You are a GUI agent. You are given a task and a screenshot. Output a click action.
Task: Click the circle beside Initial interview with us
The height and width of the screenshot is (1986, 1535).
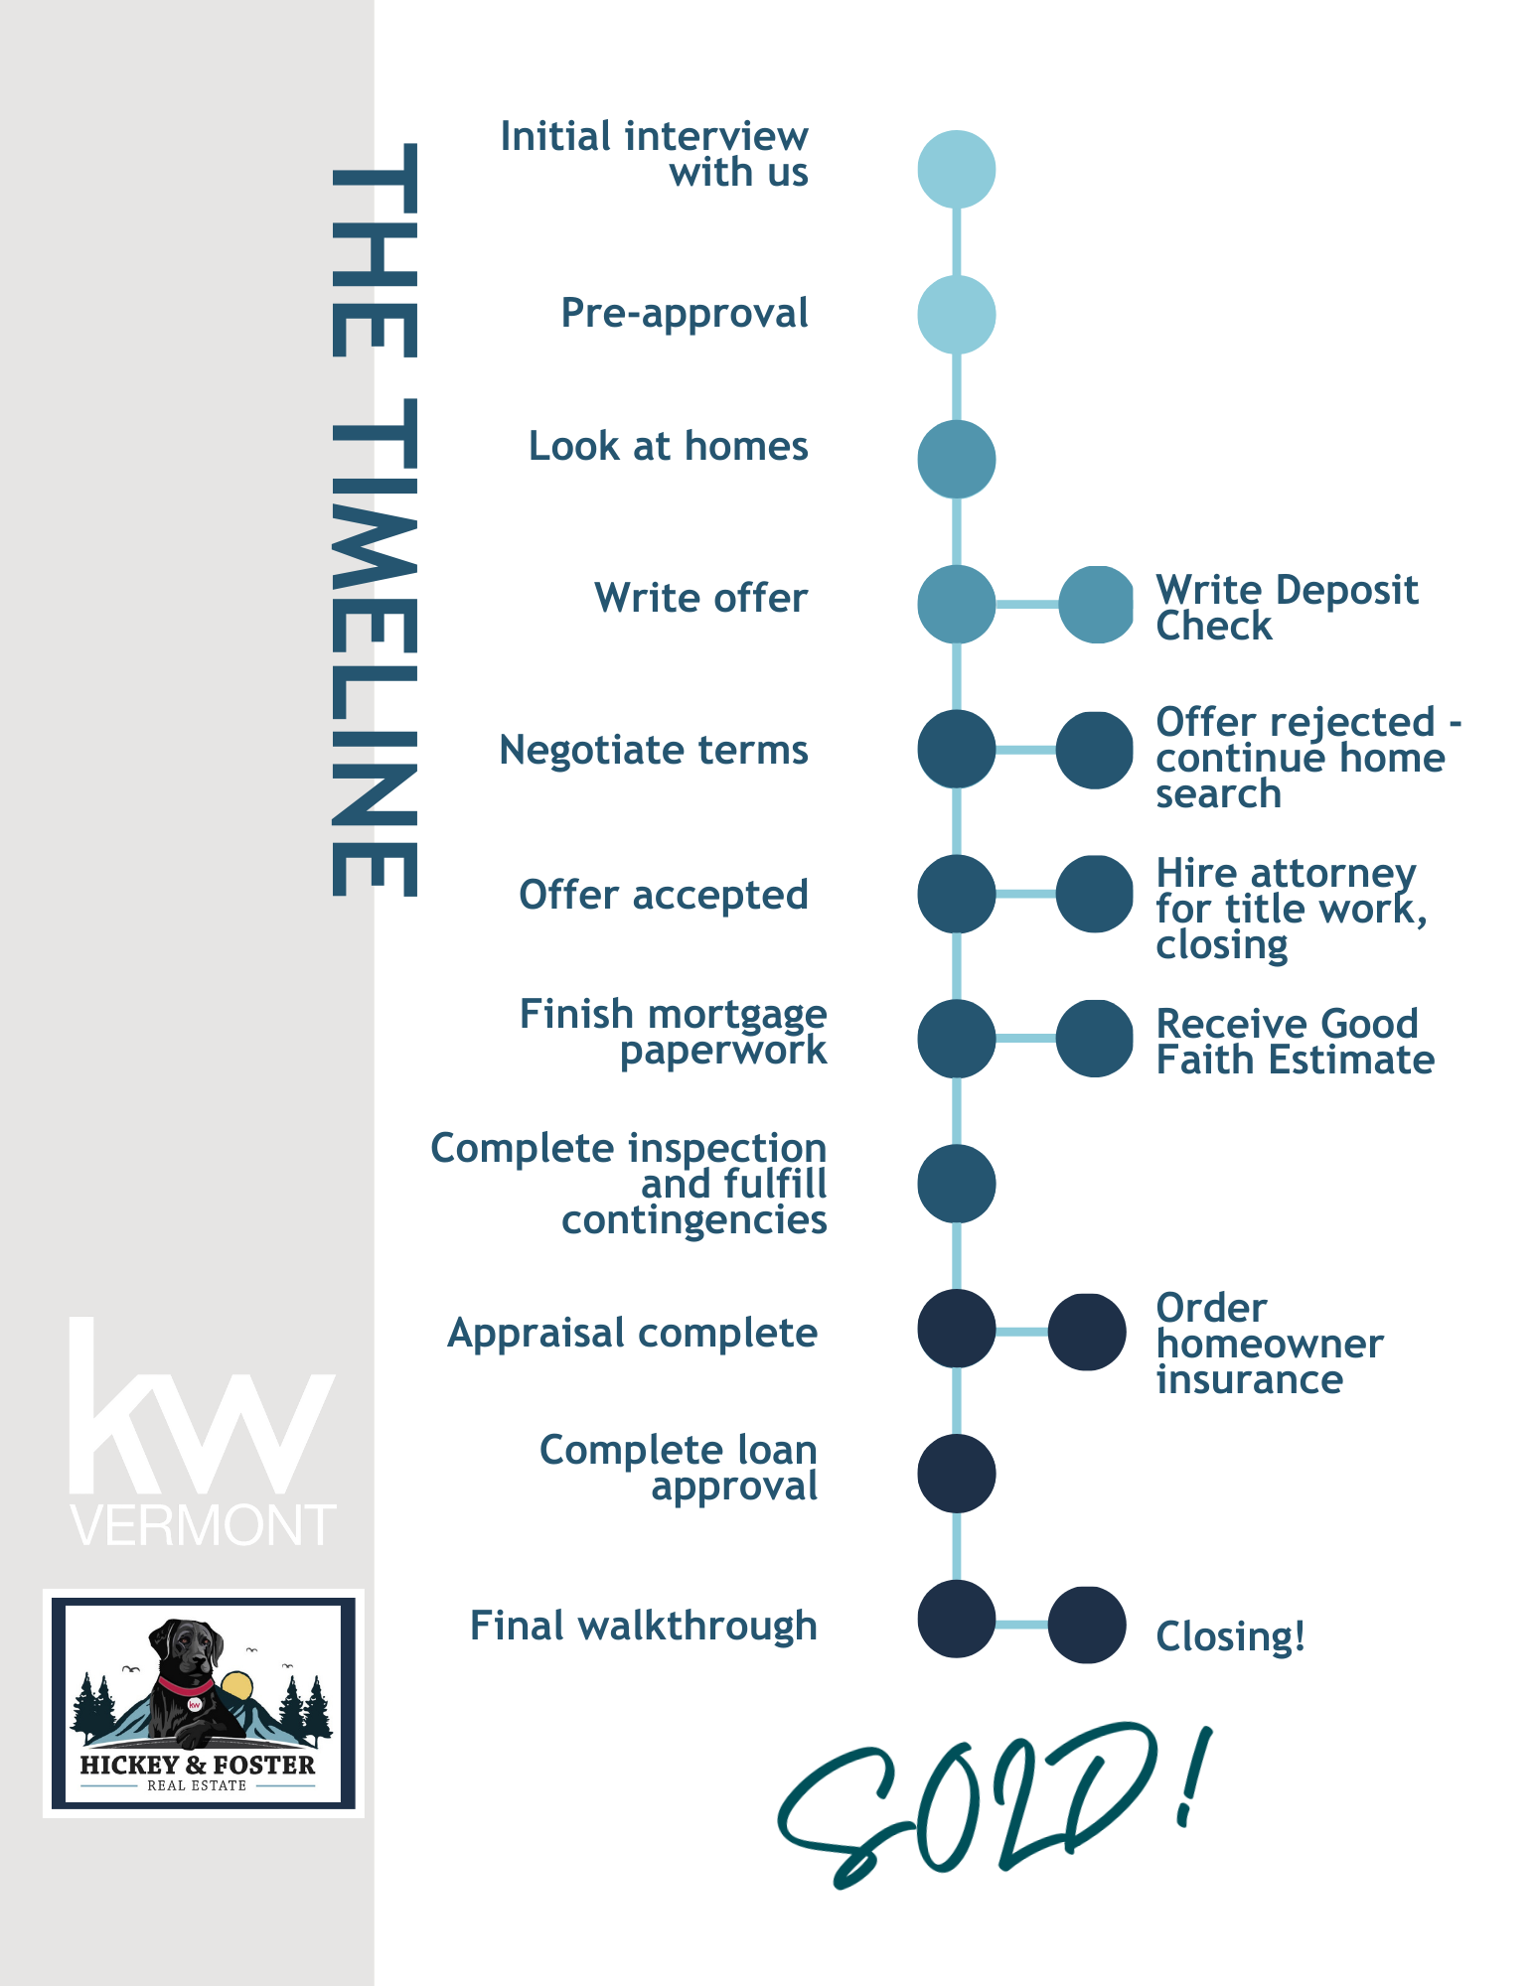(956, 170)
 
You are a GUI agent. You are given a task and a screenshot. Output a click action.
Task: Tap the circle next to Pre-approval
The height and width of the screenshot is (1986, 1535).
(956, 315)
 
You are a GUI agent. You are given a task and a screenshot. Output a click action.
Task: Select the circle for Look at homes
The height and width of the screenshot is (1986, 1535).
(956, 460)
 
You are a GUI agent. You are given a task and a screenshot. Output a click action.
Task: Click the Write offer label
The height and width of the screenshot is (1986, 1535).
(700, 598)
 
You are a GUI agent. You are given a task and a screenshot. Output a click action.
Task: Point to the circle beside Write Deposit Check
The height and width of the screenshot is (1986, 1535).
(1096, 604)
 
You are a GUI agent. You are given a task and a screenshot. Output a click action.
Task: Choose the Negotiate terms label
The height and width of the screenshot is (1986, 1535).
(654, 750)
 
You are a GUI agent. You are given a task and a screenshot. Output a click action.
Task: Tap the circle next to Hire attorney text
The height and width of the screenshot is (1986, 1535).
(1094, 894)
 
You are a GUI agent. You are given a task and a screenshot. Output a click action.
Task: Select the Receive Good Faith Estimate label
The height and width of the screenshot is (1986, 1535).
(1295, 1042)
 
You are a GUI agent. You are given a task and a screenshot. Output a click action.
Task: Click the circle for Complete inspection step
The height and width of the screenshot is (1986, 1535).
(956, 1184)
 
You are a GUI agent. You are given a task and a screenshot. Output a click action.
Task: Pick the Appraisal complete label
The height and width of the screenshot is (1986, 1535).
(633, 1333)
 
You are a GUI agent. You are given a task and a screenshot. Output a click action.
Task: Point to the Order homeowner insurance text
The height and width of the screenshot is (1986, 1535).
(1269, 1344)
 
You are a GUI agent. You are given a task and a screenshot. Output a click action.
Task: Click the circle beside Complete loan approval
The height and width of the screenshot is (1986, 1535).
(956, 1474)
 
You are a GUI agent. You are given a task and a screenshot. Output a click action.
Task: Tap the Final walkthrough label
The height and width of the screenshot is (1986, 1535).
(644, 1626)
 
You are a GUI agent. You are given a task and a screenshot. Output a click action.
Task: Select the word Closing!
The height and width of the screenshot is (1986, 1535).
(1230, 1636)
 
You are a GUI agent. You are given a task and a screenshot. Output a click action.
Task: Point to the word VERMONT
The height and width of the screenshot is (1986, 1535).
(203, 1525)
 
